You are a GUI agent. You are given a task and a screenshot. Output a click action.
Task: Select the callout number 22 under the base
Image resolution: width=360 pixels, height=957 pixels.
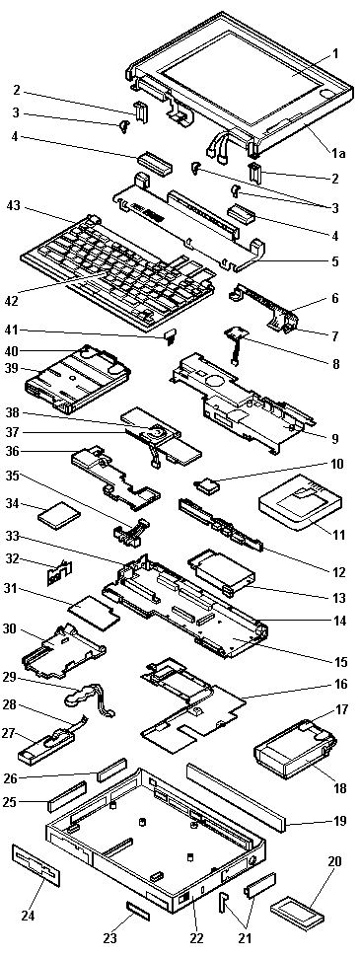pos(196,937)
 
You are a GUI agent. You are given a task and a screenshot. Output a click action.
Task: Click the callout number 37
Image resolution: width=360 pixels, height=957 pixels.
pos(15,432)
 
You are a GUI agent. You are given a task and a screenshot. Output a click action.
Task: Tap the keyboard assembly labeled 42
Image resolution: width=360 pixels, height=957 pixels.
pos(117,271)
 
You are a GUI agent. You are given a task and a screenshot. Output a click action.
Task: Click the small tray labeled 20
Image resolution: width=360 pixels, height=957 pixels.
pos(295,910)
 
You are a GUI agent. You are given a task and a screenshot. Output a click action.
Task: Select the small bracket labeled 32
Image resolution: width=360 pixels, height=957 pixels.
pos(61,572)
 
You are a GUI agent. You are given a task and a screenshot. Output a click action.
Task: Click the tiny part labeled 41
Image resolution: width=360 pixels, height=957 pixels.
pos(171,335)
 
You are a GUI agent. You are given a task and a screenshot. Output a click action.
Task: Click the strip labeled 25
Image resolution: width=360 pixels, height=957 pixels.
pos(68,796)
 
